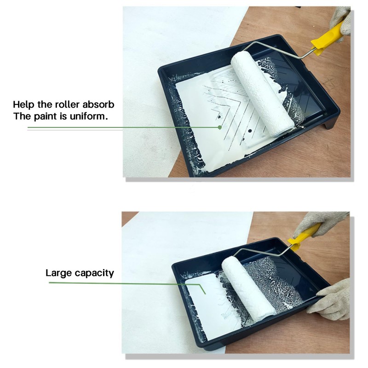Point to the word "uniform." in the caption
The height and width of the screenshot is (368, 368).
coord(90,116)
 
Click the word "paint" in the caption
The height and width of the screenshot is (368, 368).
coord(45,116)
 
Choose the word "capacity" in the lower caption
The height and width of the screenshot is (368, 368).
coord(94,273)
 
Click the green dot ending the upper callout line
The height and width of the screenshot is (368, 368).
coord(220,127)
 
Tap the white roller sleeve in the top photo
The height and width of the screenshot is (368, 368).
coord(261,92)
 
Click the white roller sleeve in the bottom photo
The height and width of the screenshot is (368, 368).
coord(248,285)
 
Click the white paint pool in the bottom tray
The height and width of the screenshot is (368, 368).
coord(209,294)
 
